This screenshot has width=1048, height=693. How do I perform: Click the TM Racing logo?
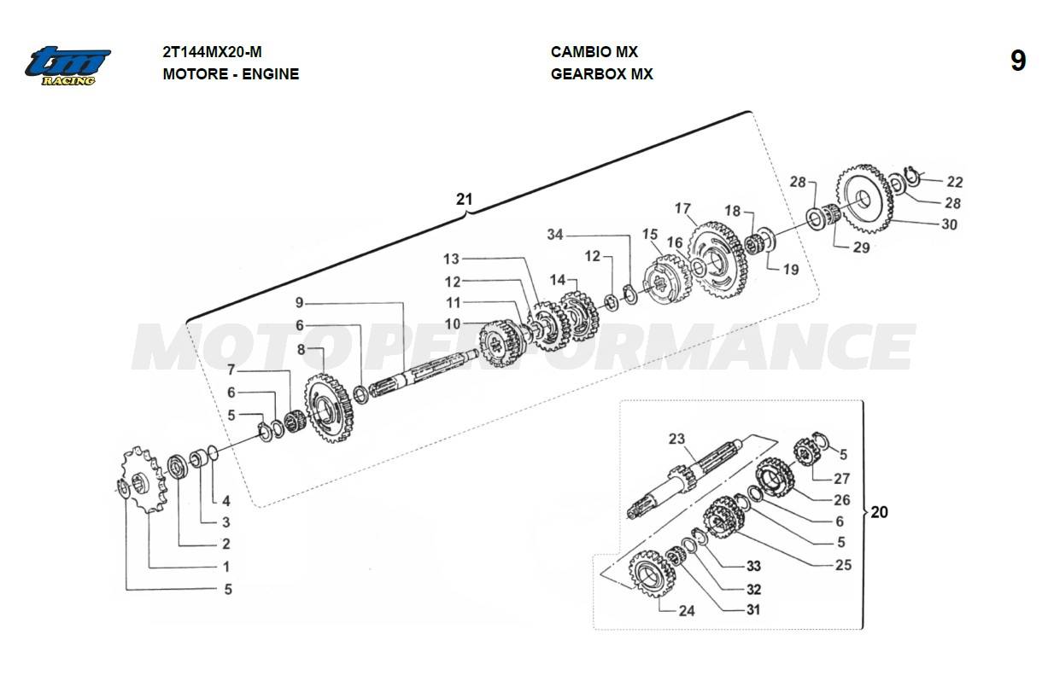click(x=67, y=64)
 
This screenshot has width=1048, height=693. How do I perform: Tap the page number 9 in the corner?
click(x=1017, y=61)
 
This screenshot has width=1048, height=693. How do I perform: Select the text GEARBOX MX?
click(x=601, y=74)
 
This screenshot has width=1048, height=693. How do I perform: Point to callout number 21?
click(x=464, y=200)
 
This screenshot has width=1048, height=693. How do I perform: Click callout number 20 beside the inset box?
click(x=879, y=513)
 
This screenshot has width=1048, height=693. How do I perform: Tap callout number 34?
click(x=555, y=235)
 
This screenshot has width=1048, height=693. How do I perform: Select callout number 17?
click(x=682, y=208)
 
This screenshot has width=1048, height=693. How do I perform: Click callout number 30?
click(x=949, y=224)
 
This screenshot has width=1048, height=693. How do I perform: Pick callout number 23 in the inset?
click(x=676, y=440)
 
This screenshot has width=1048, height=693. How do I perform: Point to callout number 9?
click(x=299, y=302)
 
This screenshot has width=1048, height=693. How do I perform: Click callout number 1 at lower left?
click(x=225, y=566)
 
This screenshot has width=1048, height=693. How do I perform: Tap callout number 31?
click(x=753, y=609)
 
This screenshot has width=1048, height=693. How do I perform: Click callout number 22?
click(x=954, y=182)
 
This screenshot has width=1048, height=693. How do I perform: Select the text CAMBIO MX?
click(x=594, y=52)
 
